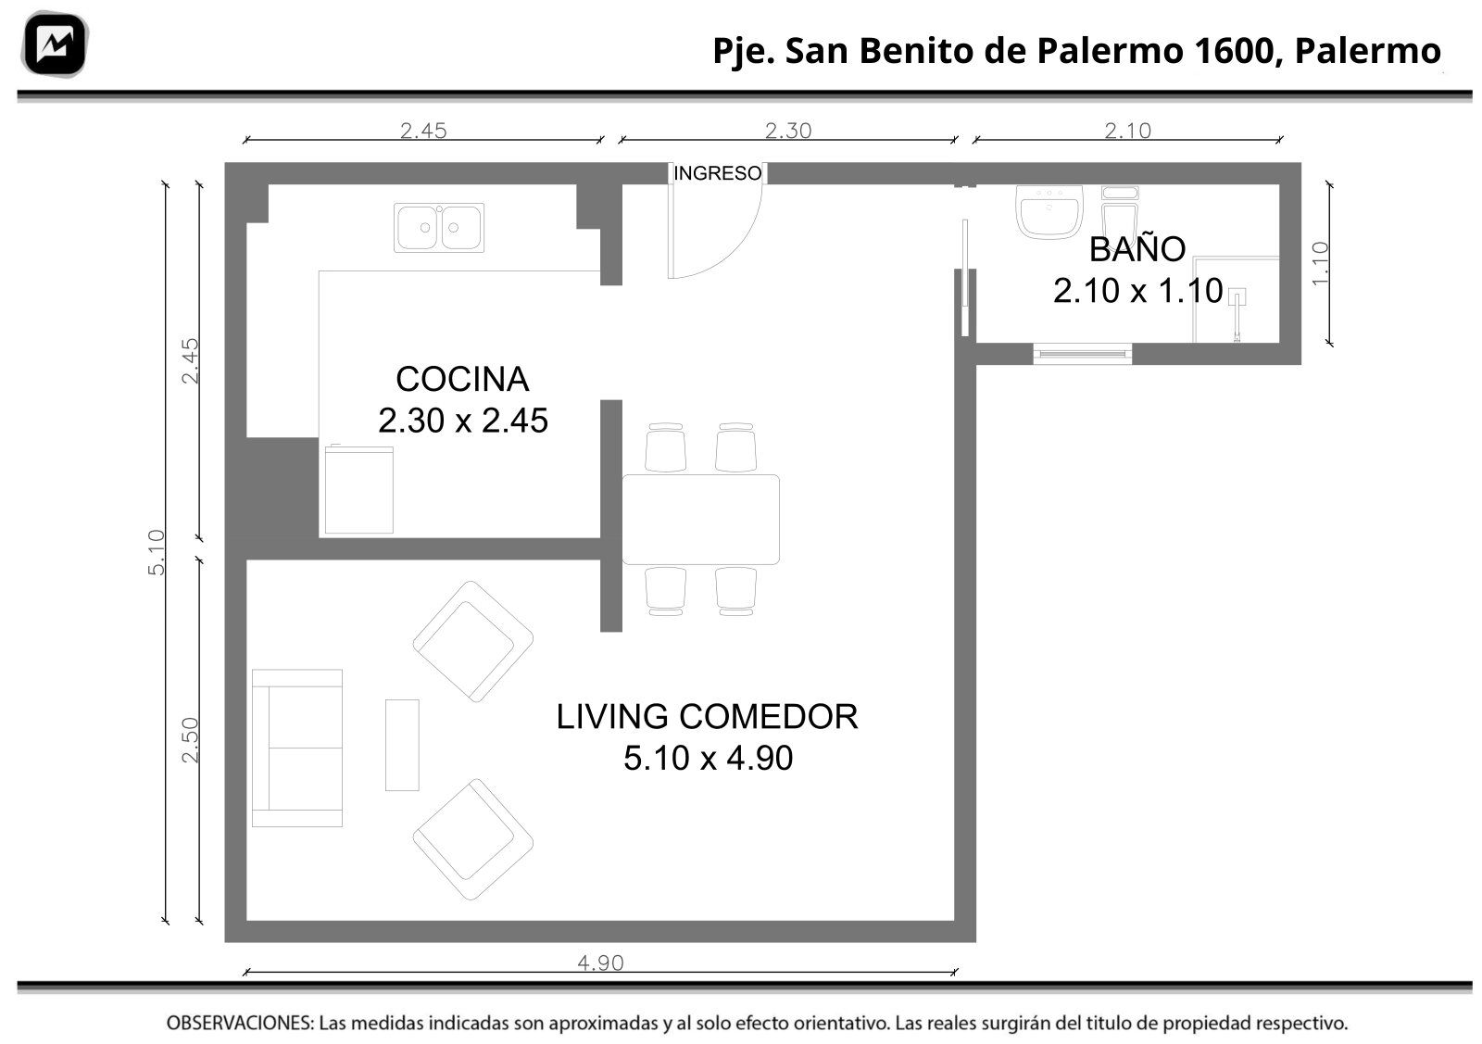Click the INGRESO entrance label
click(717, 173)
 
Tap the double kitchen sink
click(439, 228)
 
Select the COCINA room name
click(462, 379)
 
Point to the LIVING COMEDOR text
click(707, 716)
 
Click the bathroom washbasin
click(1049, 212)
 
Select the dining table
click(700, 520)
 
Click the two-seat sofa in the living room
click(297, 748)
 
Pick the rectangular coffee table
click(402, 745)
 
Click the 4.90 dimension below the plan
click(601, 963)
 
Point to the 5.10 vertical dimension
click(157, 552)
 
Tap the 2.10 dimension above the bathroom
click(1128, 131)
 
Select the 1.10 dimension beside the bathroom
click(1320, 264)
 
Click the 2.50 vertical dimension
click(190, 740)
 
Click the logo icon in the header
click(55, 44)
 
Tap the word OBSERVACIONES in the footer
click(240, 1024)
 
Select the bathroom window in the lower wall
click(1083, 354)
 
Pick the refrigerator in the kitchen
click(359, 490)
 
